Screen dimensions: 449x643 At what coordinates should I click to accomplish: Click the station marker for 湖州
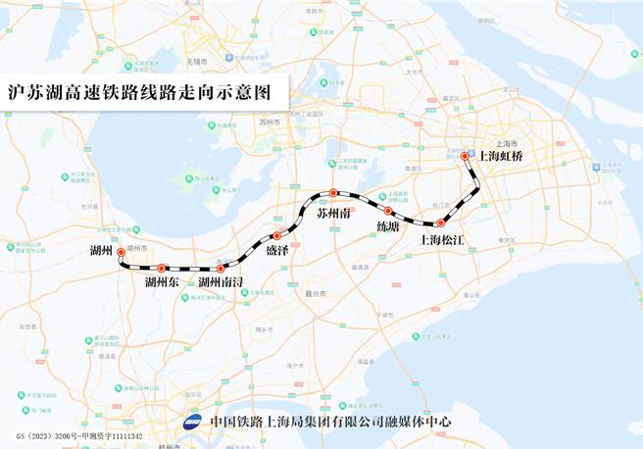(x=121, y=252)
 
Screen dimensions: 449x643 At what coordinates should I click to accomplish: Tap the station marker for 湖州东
(x=162, y=268)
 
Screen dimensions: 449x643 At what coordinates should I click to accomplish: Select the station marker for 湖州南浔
(x=222, y=268)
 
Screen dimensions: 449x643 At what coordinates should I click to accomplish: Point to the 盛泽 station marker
(x=277, y=235)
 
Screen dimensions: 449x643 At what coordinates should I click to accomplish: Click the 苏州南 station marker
(x=333, y=192)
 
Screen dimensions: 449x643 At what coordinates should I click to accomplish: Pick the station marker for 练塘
(x=388, y=211)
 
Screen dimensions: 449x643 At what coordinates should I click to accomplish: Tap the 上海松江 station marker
(x=440, y=223)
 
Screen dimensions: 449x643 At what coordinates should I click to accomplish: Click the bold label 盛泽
(x=278, y=251)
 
